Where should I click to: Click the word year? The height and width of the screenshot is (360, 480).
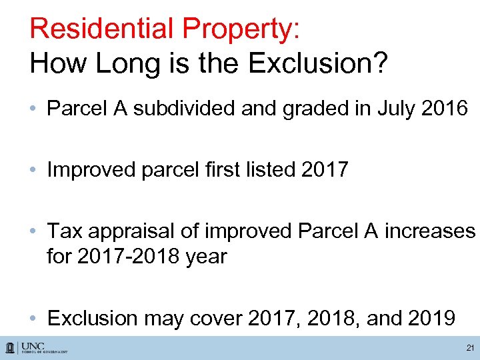(x=204, y=256)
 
